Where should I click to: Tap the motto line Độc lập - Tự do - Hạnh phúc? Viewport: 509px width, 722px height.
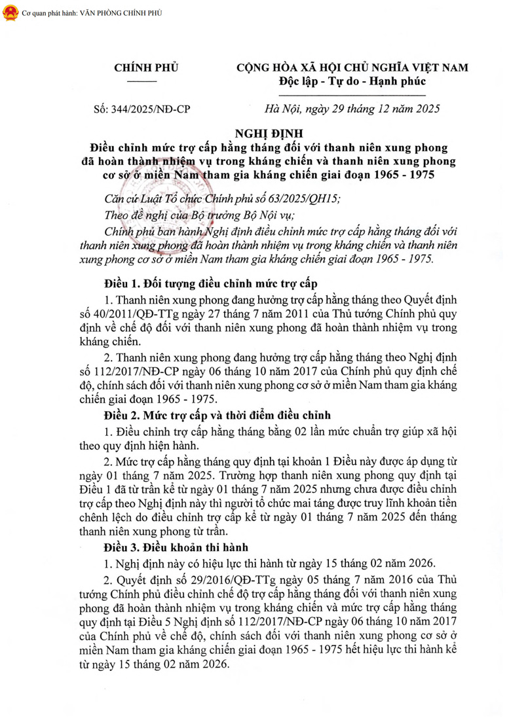pos(352,82)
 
